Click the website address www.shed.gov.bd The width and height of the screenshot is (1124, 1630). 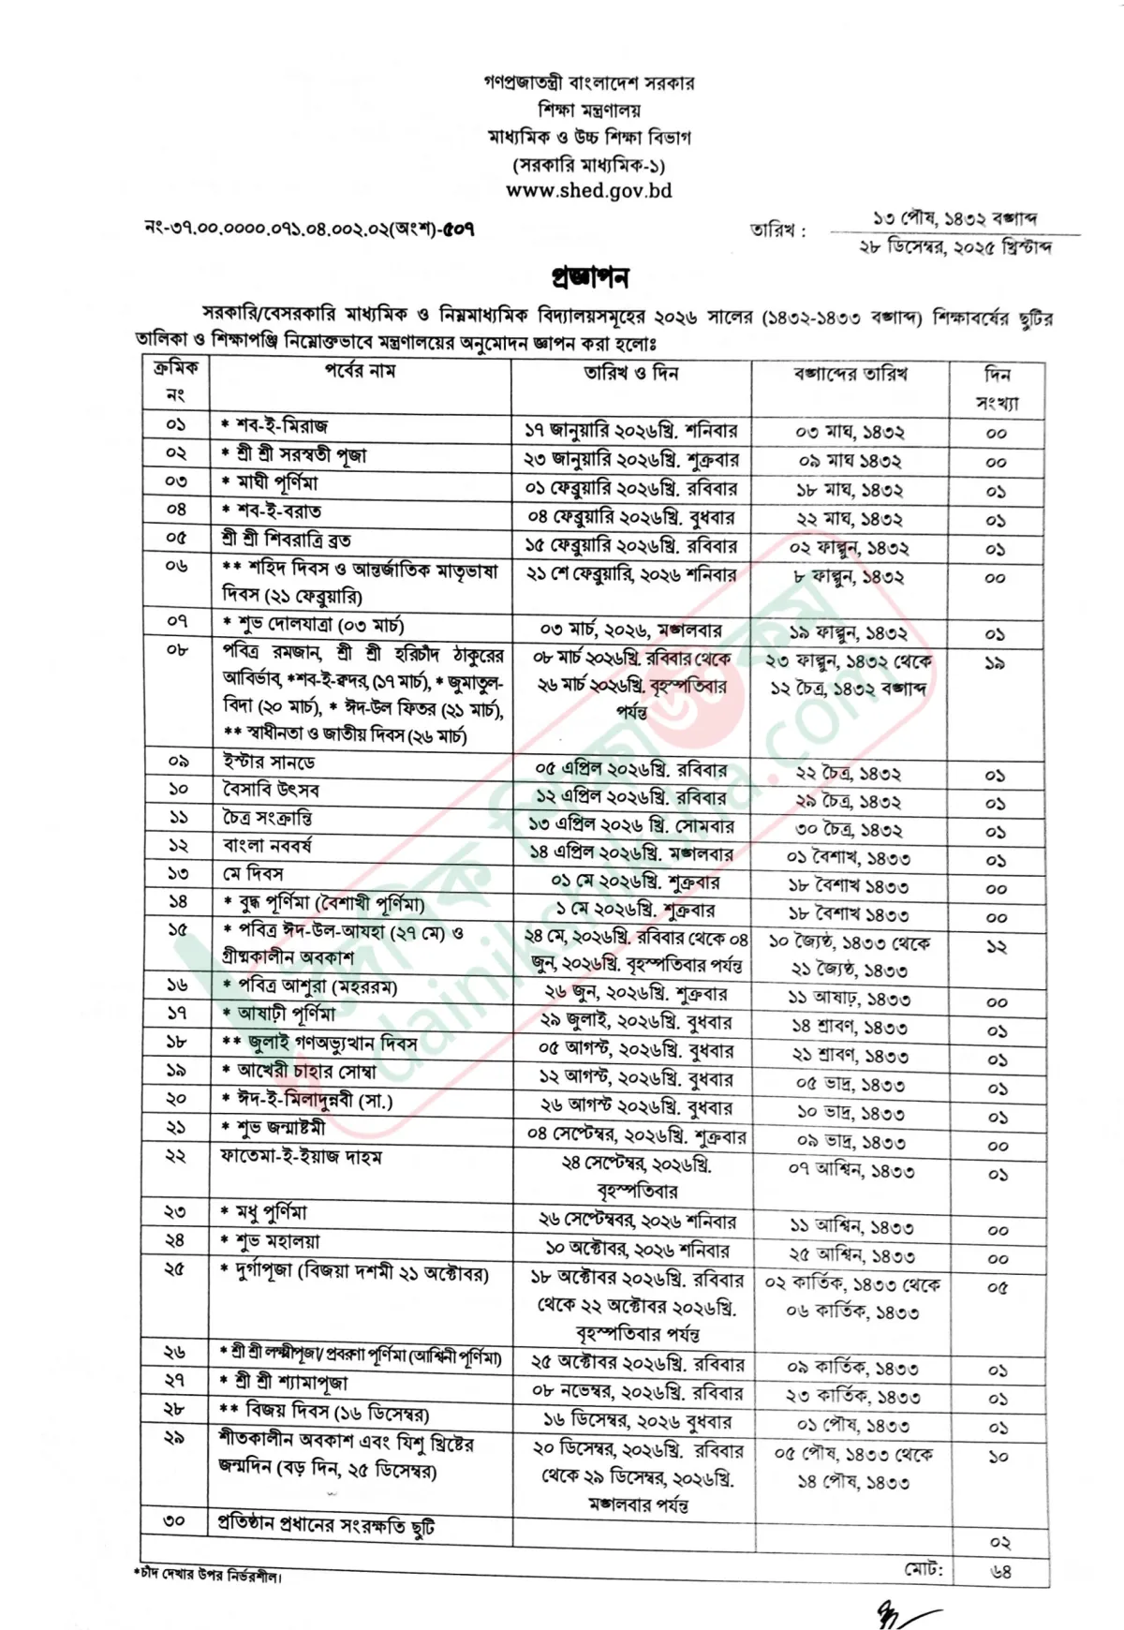click(589, 190)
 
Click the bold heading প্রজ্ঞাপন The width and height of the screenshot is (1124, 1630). click(589, 277)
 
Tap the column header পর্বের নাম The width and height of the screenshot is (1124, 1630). click(361, 371)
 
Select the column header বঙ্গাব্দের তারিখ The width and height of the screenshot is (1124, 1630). click(850, 374)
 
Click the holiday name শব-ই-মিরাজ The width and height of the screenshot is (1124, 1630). click(280, 426)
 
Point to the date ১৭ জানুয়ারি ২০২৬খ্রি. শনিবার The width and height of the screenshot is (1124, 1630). click(630, 431)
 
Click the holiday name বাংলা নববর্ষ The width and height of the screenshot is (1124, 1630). click(267, 846)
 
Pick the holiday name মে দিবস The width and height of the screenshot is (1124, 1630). click(253, 874)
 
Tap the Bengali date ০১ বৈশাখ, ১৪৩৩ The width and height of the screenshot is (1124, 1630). click(849, 858)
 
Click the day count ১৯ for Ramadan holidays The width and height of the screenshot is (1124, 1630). click(995, 662)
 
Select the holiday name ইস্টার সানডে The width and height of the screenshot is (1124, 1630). click(269, 762)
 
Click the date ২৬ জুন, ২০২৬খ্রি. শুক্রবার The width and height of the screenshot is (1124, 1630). click(635, 993)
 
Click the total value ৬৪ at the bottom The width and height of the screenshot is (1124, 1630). click(1000, 1572)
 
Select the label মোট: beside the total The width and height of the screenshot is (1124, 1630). click(924, 1569)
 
